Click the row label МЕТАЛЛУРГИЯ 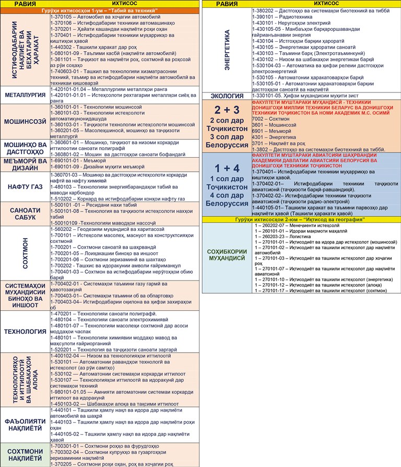coord(25,96)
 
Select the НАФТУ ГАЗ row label coord(25,187)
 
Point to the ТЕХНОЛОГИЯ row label coord(25,331)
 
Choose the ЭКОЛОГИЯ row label coord(227,96)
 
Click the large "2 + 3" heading coord(227,110)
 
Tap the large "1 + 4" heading coord(227,168)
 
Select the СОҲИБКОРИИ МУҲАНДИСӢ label coord(227,254)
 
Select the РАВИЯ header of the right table coord(227,4)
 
